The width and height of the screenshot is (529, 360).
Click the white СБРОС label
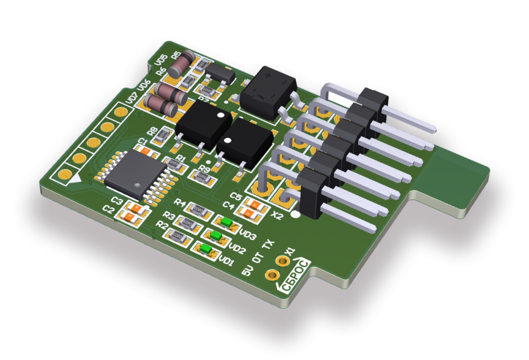[x=295, y=274]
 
